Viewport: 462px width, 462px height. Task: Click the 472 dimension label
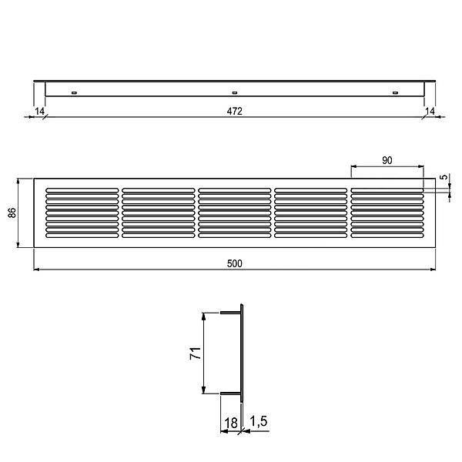coord(235,111)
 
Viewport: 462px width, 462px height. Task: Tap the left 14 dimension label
coord(39,112)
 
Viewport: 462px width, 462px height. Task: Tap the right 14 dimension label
coord(430,111)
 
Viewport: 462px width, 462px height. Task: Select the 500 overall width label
coord(235,263)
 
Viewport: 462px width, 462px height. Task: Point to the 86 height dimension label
coord(12,213)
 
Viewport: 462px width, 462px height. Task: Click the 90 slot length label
coord(387,160)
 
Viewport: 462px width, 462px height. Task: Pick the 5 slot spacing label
coord(444,177)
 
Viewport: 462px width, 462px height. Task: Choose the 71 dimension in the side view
coord(196,353)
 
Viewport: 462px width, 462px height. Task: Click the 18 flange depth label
coord(231,423)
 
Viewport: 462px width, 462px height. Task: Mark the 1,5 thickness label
coord(259,421)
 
